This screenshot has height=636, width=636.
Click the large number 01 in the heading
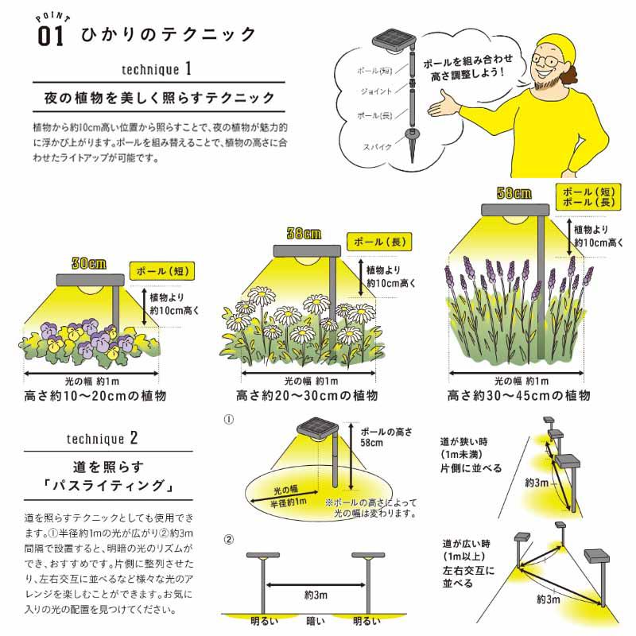pyautogui.click(x=51, y=36)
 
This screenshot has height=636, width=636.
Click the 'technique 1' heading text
pyautogui.click(x=157, y=69)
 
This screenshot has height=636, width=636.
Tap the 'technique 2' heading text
pyautogui.click(x=103, y=439)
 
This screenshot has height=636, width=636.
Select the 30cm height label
pyautogui.click(x=89, y=264)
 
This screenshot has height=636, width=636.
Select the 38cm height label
pyautogui.click(x=304, y=233)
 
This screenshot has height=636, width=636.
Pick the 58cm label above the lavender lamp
pyautogui.click(x=514, y=193)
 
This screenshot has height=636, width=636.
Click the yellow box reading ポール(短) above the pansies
pyautogui.click(x=162, y=271)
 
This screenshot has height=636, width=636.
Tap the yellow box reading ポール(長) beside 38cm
pyautogui.click(x=379, y=242)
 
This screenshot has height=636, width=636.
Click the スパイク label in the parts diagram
pyautogui.click(x=377, y=146)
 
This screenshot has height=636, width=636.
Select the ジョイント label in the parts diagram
pyautogui.click(x=376, y=91)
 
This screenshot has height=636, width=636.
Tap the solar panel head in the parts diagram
pyautogui.click(x=394, y=41)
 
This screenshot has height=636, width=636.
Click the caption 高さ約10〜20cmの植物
pyautogui.click(x=95, y=395)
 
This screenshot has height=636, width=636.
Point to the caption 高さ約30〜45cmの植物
pyautogui.click(x=519, y=395)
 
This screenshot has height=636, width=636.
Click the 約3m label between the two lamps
pyautogui.click(x=316, y=595)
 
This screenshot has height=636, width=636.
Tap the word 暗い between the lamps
pyautogui.click(x=316, y=621)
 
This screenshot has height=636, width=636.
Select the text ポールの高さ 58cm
pyautogui.click(x=386, y=437)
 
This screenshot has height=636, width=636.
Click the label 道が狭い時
pyautogui.click(x=464, y=442)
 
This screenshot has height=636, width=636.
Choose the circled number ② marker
pyautogui.click(x=229, y=540)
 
